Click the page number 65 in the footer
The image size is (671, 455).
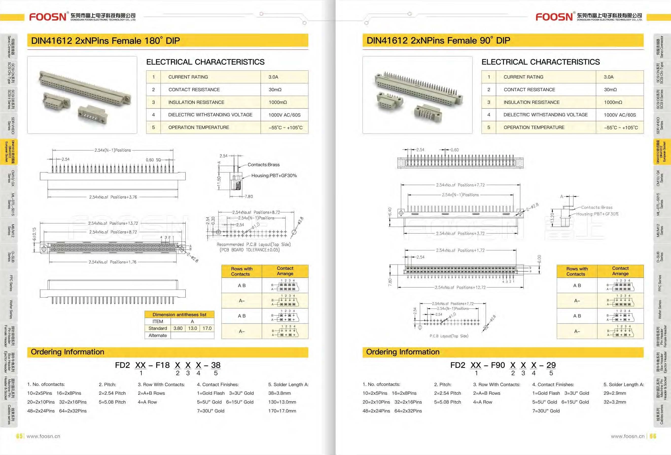pyautogui.click(x=19, y=436)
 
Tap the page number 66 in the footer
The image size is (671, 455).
pyautogui.click(x=653, y=436)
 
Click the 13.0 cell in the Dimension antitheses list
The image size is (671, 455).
pyautogui.click(x=192, y=328)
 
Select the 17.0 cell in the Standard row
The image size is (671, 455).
pyautogui.click(x=207, y=328)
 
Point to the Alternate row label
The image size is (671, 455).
pyautogui.click(x=158, y=335)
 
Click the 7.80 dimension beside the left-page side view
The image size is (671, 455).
pyautogui.click(x=249, y=197)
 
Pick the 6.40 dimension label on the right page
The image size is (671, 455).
pyautogui.click(x=390, y=212)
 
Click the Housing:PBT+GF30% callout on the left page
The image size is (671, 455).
pyautogui.click(x=274, y=175)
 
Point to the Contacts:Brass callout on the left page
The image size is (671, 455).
pyautogui.click(x=263, y=165)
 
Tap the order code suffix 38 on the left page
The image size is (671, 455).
pyautogui.click(x=216, y=365)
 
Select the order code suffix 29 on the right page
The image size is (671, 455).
pyautogui.click(x=551, y=365)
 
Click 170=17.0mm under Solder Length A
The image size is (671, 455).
pyautogui.click(x=282, y=411)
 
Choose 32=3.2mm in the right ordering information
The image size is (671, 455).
pyautogui.click(x=615, y=402)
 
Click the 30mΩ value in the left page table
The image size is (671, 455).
pyautogui.click(x=275, y=90)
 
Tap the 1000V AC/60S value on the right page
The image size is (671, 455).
pyautogui.click(x=620, y=115)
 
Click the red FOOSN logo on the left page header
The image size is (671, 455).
pyautogui.click(x=48, y=17)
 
